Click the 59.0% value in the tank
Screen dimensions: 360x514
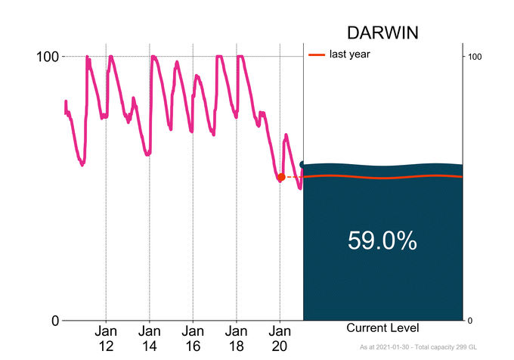coord(382,241)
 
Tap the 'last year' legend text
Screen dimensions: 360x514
coord(349,54)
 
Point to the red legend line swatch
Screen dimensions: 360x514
coord(317,54)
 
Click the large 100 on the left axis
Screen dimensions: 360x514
coord(48,57)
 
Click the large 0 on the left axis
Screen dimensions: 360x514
coord(54,321)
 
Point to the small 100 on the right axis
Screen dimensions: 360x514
coord(475,57)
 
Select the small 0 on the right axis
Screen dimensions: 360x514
coord(471,321)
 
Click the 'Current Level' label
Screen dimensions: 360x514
coord(382,328)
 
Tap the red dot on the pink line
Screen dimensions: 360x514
coord(281,177)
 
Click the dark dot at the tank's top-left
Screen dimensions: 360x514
coord(303,164)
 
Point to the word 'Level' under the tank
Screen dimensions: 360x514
coord(404,328)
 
